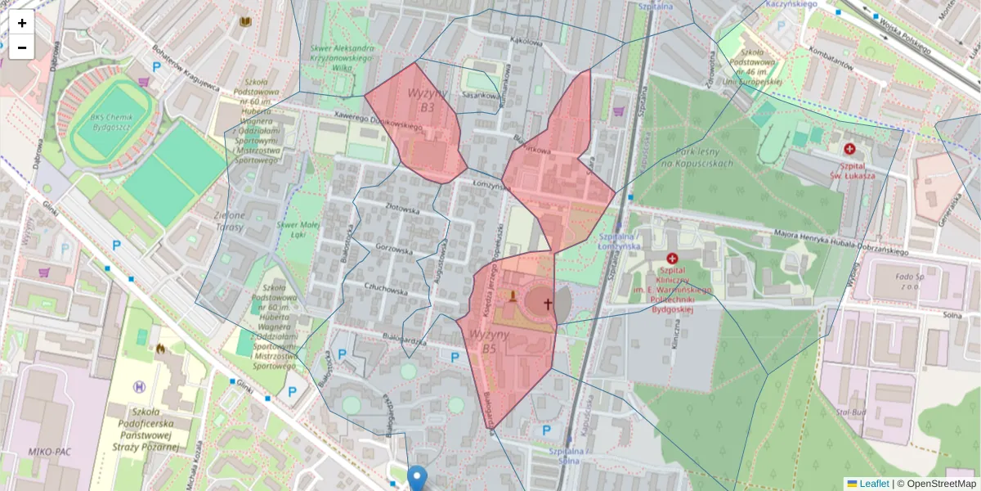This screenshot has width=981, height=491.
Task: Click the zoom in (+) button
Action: click(x=22, y=23)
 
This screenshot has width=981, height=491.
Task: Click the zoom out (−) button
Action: click(x=22, y=47)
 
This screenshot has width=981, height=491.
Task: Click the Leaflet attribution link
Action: click(x=874, y=484)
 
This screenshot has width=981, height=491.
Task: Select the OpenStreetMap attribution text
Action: click(x=941, y=484)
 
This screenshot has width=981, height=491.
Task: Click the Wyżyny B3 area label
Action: click(x=423, y=101)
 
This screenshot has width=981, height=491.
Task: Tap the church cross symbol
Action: click(x=547, y=304)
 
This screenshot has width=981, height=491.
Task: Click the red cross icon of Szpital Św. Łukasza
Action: click(x=849, y=150)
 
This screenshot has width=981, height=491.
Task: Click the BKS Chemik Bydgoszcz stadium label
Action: click(x=112, y=123)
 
